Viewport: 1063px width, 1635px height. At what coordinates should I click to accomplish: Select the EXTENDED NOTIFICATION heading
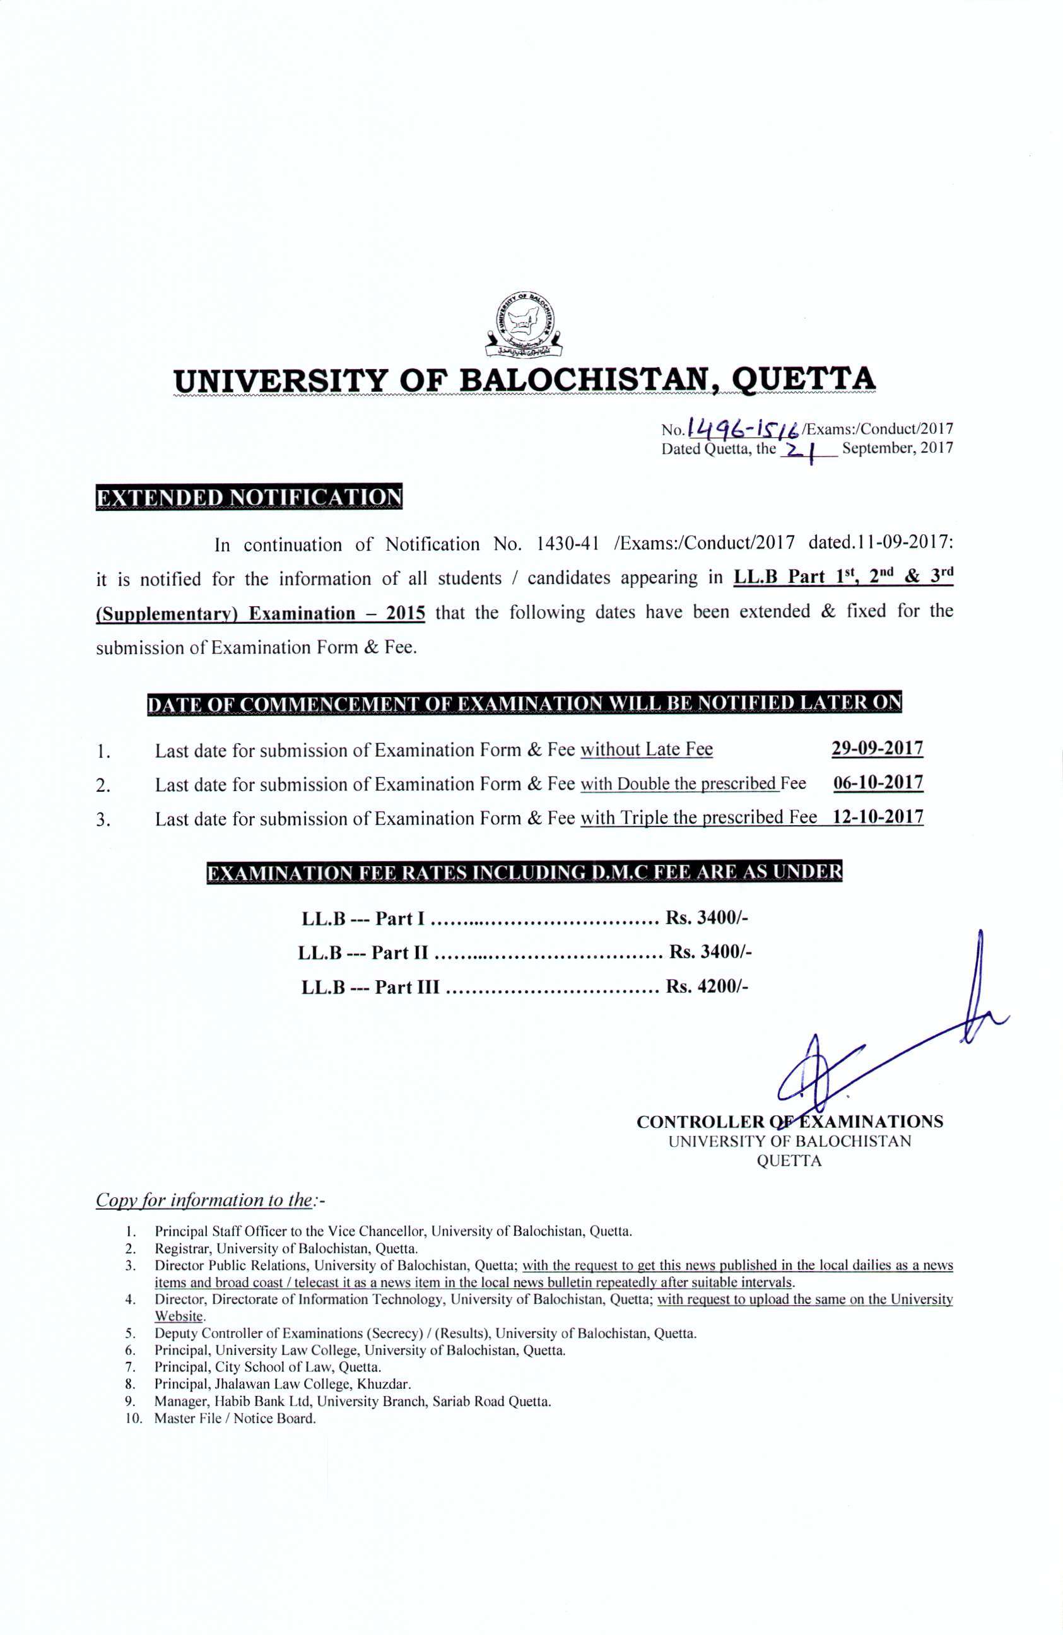click(248, 496)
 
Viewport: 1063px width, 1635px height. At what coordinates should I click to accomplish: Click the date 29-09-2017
click(877, 748)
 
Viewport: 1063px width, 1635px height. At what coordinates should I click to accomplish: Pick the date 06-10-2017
click(878, 782)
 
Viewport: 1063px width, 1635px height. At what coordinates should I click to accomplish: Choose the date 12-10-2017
click(878, 817)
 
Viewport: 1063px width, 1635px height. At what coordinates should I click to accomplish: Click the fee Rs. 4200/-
click(707, 987)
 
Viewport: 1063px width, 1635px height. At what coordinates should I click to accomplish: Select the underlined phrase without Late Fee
click(646, 749)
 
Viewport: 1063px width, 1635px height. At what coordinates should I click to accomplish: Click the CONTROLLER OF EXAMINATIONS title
click(789, 1122)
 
